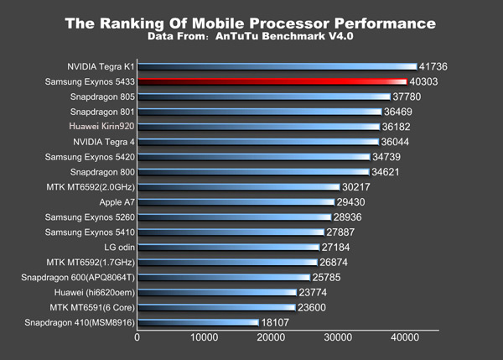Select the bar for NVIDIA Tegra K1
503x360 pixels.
(277, 66)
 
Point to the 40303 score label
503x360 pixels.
(430, 81)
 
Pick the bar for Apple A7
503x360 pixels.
(236, 202)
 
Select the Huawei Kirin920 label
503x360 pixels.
(98, 126)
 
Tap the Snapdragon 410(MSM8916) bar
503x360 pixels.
(198, 322)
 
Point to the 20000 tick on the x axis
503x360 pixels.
(271, 338)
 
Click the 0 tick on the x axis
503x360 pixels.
(137, 338)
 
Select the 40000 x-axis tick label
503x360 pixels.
(404, 338)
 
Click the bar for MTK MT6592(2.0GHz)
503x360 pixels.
(239, 187)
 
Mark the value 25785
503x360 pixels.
(330, 277)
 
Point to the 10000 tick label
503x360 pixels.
(204, 338)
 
